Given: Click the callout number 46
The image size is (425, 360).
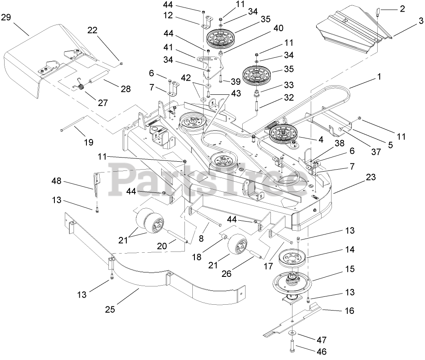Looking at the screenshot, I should coord(322,351).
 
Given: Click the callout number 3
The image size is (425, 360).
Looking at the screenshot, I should coord(421,20).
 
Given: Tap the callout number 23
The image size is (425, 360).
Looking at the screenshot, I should coord(371,177).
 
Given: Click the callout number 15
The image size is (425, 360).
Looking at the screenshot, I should coord(349,269).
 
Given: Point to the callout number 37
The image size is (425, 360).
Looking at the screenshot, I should coord(376,152).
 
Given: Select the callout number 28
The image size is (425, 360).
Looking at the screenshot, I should coord(125,89).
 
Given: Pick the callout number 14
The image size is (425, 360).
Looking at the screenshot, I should coord(349,250).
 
